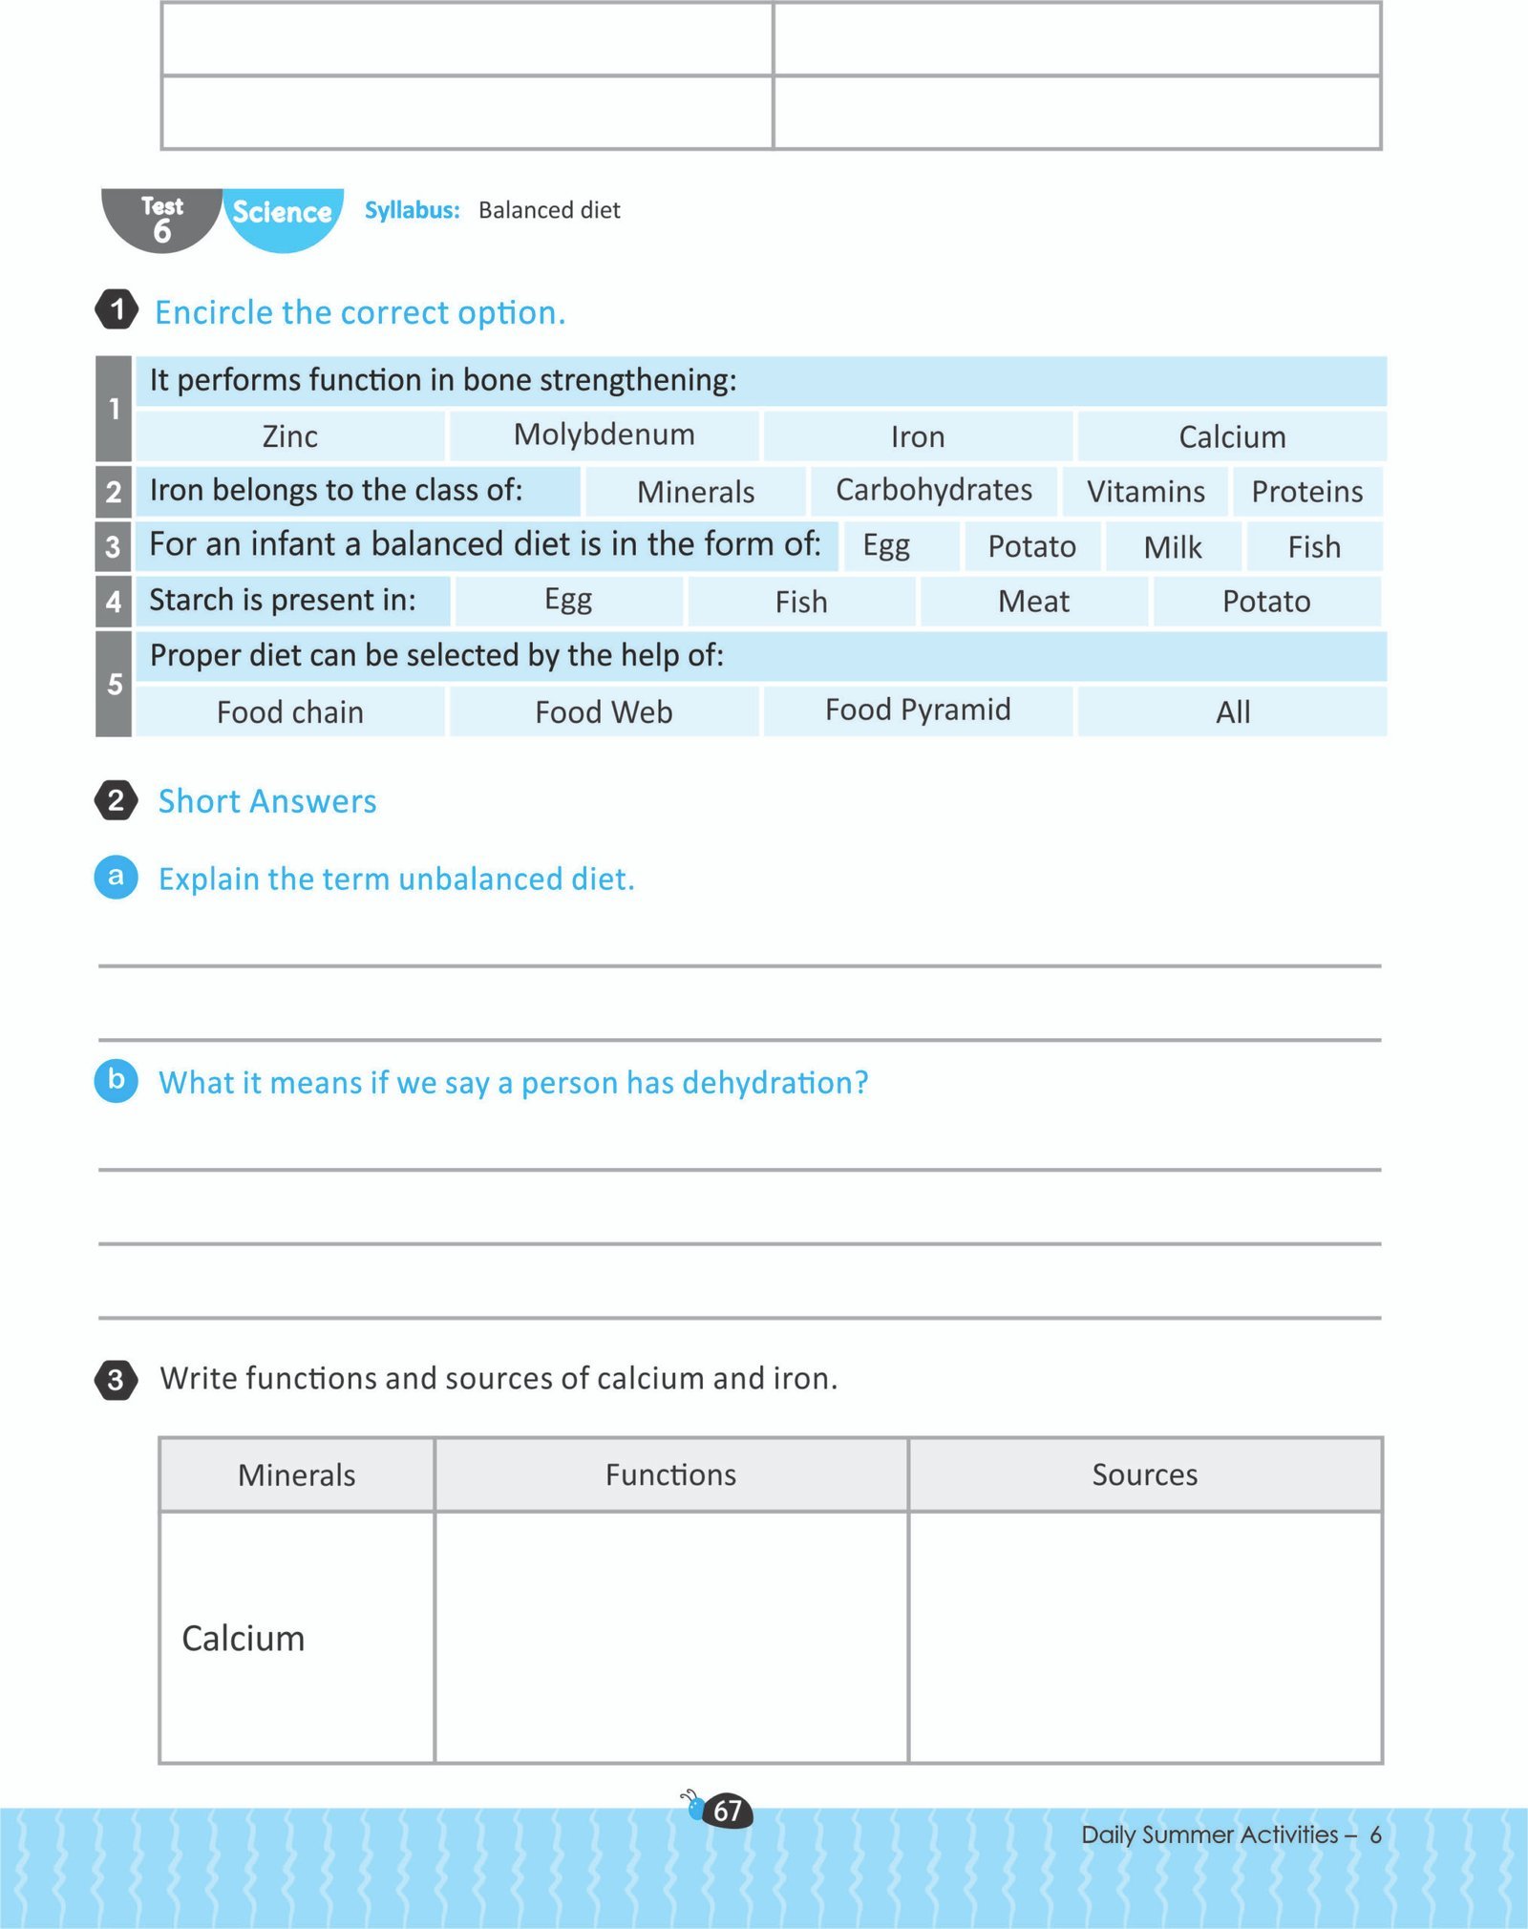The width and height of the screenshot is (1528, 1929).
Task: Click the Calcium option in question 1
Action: [x=1232, y=436]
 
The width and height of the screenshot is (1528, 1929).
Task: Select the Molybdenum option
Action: [x=604, y=435]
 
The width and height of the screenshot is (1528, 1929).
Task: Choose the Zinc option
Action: [x=289, y=436]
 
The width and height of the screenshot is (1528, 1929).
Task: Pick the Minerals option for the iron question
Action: [x=695, y=492]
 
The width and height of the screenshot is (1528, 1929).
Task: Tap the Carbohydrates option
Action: [x=934, y=490]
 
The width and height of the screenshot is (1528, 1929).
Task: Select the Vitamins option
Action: [x=1145, y=492]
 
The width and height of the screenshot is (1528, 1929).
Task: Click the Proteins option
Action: [x=1306, y=492]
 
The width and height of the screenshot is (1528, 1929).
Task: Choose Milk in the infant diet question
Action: [x=1173, y=547]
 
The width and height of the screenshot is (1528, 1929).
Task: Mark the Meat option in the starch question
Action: [x=1033, y=602]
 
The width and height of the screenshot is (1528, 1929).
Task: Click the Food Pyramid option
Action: [x=918, y=710]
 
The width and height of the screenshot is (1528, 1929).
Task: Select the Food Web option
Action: [x=604, y=712]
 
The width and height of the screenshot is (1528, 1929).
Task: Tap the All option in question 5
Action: [x=1233, y=712]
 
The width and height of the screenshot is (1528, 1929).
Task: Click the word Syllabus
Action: [x=412, y=210]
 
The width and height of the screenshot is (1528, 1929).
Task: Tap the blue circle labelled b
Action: [x=117, y=1080]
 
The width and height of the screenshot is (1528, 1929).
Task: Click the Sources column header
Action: [x=1144, y=1474]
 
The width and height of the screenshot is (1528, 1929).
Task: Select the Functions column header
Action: [x=670, y=1474]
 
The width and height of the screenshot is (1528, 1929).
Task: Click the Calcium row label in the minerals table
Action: [x=244, y=1638]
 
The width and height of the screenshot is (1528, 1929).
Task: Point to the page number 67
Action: [x=728, y=1811]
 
